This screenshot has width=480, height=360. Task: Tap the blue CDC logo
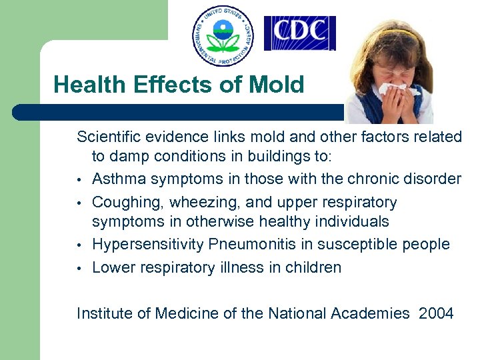click(x=299, y=33)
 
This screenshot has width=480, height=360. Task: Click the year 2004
click(x=437, y=313)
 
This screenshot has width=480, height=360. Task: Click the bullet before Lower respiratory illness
click(x=79, y=269)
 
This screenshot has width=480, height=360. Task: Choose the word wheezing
click(x=194, y=202)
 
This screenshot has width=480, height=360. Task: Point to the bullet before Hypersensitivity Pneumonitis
click(x=79, y=245)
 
